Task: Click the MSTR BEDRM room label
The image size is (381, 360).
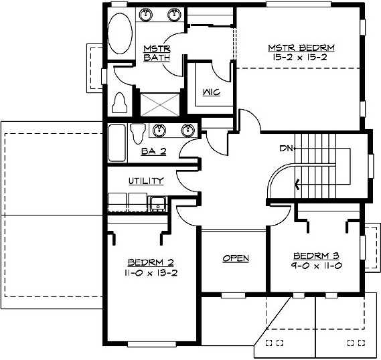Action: [301, 48]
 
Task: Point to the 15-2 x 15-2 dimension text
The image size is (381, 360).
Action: [301, 58]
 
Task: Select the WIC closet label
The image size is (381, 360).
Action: [208, 92]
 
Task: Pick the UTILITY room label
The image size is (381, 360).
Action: [146, 181]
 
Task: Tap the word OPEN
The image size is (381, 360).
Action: [235, 258]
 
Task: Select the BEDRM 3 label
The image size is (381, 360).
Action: [315, 256]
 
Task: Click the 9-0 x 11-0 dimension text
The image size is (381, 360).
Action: [315, 266]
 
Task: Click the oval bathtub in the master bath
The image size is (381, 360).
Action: [121, 31]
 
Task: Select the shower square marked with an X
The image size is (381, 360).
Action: [158, 104]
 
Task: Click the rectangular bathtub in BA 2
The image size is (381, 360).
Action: [117, 143]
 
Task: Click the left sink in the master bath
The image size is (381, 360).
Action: [148, 14]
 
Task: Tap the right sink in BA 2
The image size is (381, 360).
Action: [188, 130]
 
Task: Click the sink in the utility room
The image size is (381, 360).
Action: [158, 203]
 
